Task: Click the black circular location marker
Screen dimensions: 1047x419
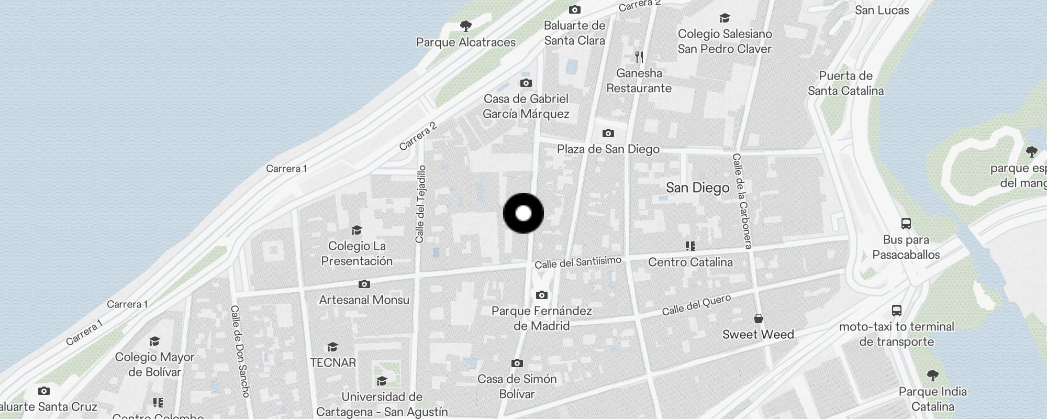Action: coord(523,213)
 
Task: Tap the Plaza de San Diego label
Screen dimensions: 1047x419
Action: coord(608,149)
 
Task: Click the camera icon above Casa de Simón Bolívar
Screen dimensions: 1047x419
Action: coord(517,363)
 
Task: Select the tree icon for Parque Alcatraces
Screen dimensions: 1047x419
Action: coord(465,26)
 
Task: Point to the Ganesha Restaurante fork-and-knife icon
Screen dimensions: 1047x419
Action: coord(639,57)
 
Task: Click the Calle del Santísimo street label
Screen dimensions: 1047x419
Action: coord(578,262)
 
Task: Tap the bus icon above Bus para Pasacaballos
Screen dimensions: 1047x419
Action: coord(906,224)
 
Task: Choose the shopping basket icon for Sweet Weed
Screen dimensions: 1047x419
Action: coord(758,318)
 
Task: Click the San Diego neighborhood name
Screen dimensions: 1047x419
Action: coord(697,188)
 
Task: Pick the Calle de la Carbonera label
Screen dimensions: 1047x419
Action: coord(742,201)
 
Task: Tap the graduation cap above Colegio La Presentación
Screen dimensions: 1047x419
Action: coord(357,230)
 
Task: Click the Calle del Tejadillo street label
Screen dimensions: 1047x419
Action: coord(420,204)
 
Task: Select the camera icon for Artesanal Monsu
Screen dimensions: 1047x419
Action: coord(364,284)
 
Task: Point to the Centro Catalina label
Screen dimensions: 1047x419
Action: coord(690,262)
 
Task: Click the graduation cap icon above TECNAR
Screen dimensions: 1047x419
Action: coord(332,347)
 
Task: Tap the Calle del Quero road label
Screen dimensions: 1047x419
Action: coord(696,305)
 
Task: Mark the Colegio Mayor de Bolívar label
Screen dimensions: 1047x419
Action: coord(154,365)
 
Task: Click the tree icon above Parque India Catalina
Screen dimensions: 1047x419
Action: coord(932,375)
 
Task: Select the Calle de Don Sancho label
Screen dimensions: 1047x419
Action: coord(240,351)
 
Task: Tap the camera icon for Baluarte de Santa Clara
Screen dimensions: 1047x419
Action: coord(574,9)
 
